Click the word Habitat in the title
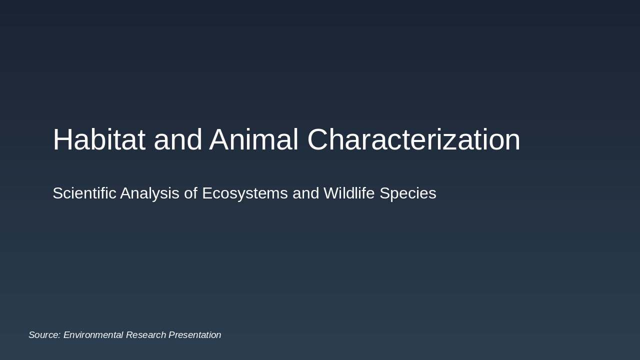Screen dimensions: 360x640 point(99,139)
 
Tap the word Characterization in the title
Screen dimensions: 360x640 point(413,139)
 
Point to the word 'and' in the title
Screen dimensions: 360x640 point(177,139)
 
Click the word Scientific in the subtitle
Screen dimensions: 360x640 point(84,193)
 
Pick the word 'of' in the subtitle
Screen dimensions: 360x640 point(190,193)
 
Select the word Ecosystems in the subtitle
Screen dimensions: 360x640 point(244,193)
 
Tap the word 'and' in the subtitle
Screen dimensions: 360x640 point(305,193)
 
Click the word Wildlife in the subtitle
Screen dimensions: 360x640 point(349,193)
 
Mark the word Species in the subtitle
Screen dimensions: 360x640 point(407,193)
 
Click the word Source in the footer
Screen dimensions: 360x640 point(43,335)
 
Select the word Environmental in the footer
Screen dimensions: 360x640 point(93,335)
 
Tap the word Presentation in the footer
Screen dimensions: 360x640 point(194,335)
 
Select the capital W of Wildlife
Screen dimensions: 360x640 point(331,193)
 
